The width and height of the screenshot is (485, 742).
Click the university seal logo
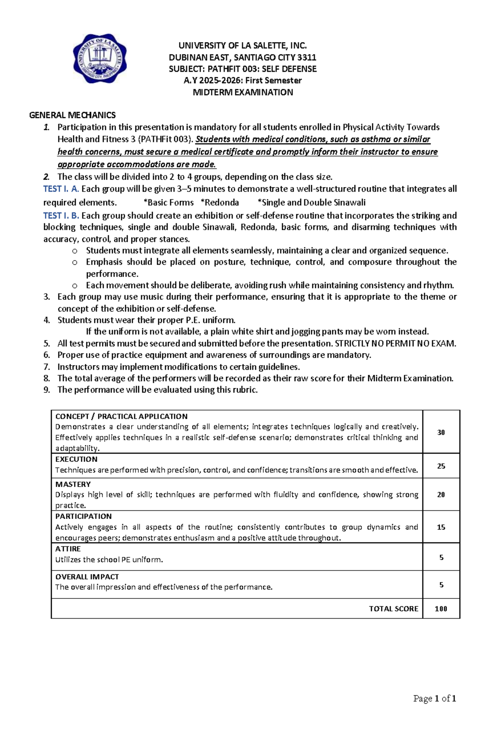[100, 59]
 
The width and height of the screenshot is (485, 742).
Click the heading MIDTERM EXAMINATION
[242, 92]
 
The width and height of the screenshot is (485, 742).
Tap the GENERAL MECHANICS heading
[72, 115]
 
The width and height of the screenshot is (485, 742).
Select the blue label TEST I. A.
[61, 189]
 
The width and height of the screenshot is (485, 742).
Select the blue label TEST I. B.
[61, 216]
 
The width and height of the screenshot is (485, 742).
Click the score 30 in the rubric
[441, 432]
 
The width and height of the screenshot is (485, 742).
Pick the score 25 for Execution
[441, 466]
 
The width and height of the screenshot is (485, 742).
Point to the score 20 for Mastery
[441, 495]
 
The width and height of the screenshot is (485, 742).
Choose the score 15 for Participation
[441, 527]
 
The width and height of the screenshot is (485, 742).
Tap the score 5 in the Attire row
[441, 557]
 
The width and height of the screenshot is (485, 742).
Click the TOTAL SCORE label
[393, 609]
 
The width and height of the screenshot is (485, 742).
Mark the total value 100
[441, 609]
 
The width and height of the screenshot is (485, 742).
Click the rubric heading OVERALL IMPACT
[87, 577]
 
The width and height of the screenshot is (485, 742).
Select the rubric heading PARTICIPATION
[83, 516]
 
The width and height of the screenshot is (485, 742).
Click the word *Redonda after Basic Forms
[220, 203]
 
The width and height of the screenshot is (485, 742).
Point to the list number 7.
[47, 367]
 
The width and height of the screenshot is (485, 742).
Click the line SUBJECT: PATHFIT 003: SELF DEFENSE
[242, 69]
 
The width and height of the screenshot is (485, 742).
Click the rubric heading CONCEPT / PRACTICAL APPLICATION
[121, 416]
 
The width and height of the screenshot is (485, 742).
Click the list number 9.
[47, 390]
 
